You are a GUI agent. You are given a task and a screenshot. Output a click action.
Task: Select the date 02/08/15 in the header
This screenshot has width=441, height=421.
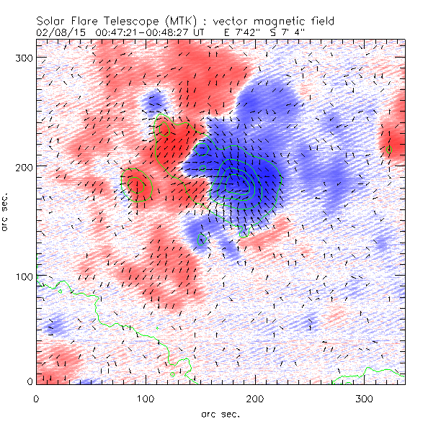click(x=57, y=32)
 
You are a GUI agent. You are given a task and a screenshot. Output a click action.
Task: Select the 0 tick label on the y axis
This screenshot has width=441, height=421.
click(x=30, y=381)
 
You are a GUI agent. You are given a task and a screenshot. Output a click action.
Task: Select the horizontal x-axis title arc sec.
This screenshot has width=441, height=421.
click(x=220, y=413)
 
